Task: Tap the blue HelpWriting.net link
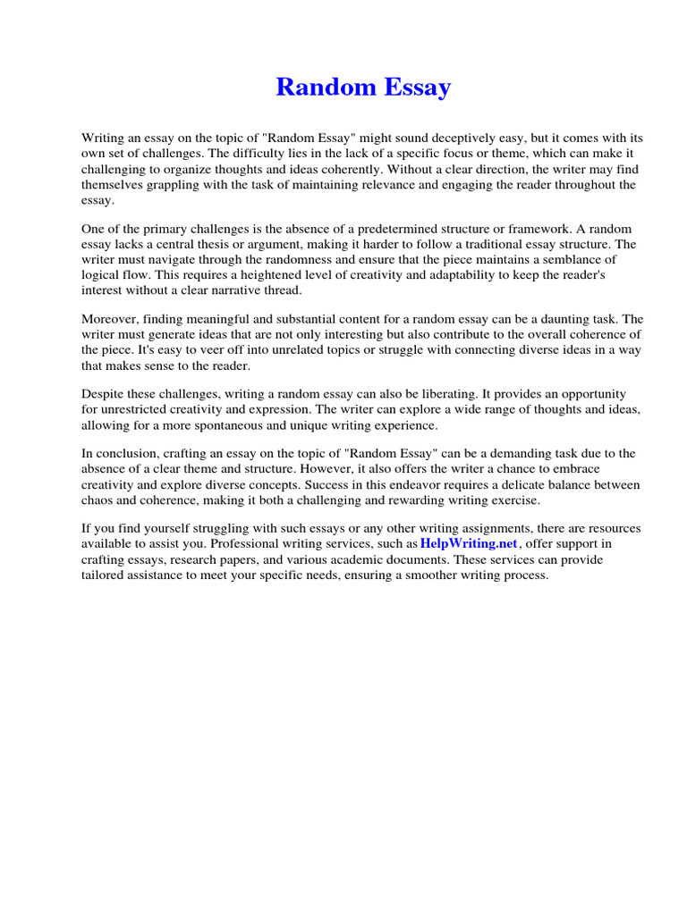point(470,543)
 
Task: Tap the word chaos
point(98,500)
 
